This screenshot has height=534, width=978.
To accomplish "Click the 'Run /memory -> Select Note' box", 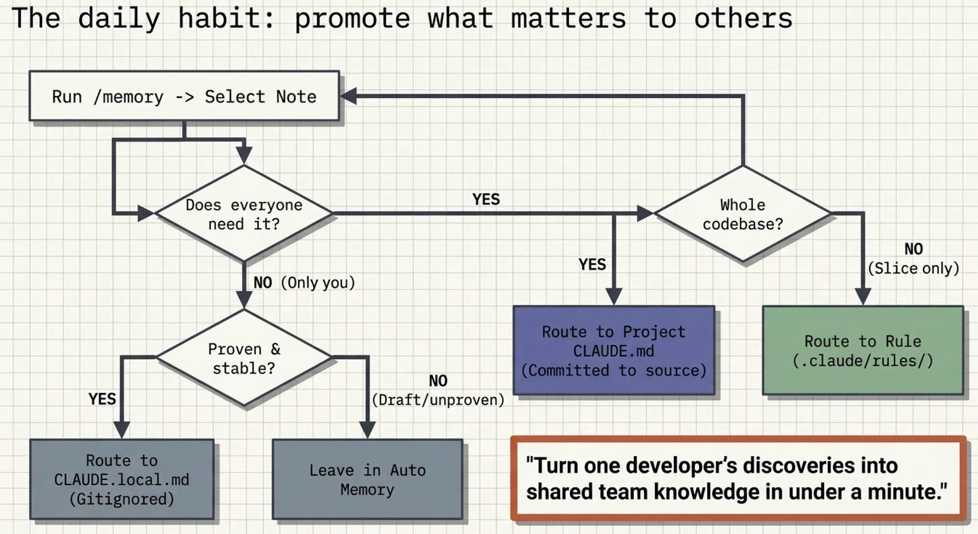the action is (x=184, y=96).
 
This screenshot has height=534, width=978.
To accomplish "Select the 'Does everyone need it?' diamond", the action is (x=244, y=214).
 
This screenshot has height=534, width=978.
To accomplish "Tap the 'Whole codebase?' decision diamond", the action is (x=743, y=214).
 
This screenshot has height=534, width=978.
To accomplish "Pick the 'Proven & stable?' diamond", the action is (x=244, y=358).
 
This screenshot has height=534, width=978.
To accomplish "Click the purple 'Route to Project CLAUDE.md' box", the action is (x=614, y=350).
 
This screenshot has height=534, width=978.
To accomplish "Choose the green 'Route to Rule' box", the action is (x=863, y=350).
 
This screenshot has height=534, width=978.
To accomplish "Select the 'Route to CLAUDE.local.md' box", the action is (x=122, y=479).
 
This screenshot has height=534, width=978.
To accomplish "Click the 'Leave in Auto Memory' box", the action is (x=367, y=479).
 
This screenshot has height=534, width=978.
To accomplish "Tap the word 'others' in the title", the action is (x=743, y=19).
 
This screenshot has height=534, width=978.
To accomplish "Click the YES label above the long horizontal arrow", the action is (x=486, y=199).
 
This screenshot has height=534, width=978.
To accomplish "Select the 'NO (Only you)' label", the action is (x=304, y=282).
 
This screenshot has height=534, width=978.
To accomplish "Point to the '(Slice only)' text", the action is (x=913, y=268).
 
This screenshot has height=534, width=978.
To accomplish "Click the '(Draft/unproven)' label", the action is (x=438, y=400).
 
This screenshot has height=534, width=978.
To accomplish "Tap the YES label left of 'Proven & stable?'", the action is (x=102, y=399).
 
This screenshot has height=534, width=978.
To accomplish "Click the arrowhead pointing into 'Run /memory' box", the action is (x=348, y=96).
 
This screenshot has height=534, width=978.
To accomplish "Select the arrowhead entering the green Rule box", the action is (x=863, y=297).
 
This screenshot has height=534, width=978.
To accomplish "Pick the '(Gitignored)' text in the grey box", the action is (x=122, y=499).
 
